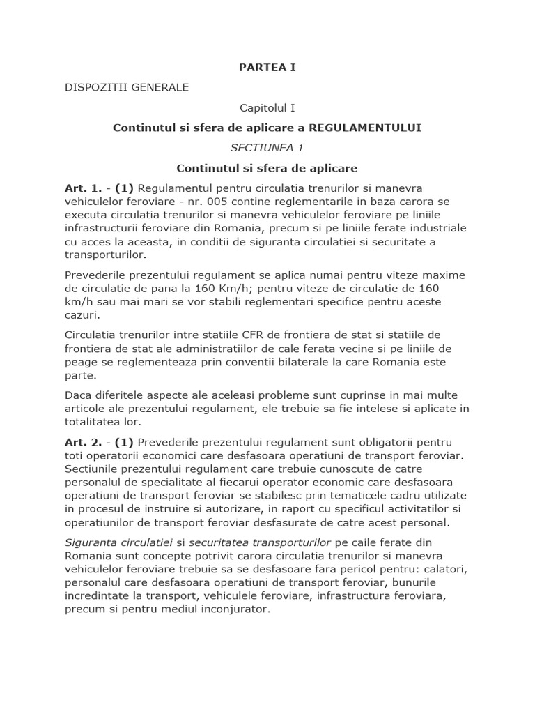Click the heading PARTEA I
point(267,68)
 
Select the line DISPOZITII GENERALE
point(126,88)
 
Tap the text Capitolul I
point(267,108)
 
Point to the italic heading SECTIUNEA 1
point(267,148)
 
